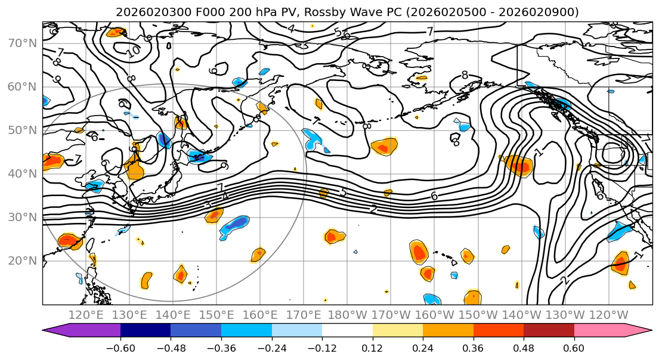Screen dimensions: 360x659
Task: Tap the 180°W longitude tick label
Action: tap(348, 315)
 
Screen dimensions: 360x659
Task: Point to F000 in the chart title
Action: tap(190, 12)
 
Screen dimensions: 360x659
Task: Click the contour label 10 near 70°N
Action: tap(133, 51)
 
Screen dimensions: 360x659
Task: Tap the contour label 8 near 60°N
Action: tap(465, 75)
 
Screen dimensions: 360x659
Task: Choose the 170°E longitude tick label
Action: tap(304, 315)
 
